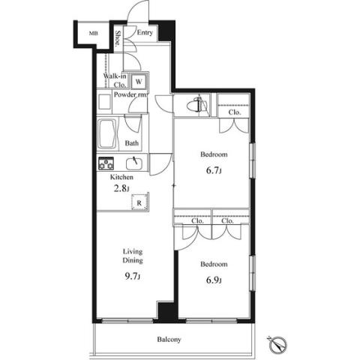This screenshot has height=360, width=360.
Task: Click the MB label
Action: tap(94, 33)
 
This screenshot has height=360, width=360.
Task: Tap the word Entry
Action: tap(145, 32)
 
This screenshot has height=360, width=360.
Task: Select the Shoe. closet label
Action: tap(118, 38)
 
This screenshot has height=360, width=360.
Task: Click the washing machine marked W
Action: tap(139, 81)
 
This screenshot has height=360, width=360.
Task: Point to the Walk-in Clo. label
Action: tap(115, 80)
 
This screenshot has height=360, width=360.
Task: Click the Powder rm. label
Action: tap(130, 94)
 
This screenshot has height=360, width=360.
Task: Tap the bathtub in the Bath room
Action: tap(107, 133)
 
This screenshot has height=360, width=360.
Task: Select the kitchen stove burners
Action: tap(106, 163)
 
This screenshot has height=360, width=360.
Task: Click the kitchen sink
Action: tap(134, 163)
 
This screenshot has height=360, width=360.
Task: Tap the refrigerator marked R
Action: tap(139, 202)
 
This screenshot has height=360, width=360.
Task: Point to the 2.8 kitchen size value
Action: tap(121, 188)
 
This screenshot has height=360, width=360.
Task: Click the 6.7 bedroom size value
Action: tap(214, 170)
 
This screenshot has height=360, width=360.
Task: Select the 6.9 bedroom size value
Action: tap(214, 280)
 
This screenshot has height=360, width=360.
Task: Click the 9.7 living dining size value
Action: tap(133, 276)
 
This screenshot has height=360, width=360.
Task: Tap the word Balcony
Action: tap(169, 340)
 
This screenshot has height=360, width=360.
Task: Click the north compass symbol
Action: tap(278, 345)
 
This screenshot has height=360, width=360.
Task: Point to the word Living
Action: tap(133, 251)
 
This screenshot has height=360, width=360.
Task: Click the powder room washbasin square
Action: tap(104, 103)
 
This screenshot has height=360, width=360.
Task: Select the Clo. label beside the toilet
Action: tap(235, 112)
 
